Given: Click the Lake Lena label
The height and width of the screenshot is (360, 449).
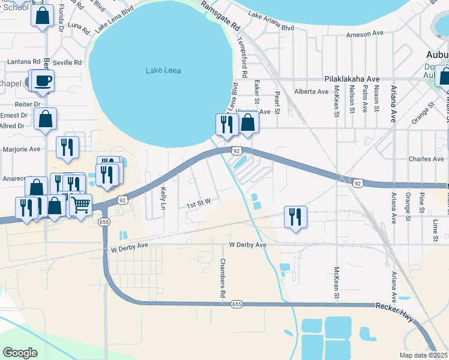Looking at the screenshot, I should click(163, 71).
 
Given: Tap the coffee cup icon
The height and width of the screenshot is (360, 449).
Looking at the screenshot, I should click(42, 80).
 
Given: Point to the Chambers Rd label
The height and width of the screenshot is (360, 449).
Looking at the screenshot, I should click(221, 278).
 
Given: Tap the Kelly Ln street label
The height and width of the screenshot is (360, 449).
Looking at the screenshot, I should click(163, 197).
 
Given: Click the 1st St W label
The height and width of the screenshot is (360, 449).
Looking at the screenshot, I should click(197, 205).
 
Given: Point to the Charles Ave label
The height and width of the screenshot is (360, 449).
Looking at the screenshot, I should click(426, 159).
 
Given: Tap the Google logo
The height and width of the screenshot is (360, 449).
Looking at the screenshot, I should click(20, 352).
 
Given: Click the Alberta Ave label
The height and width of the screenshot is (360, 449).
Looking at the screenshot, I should click(311, 92).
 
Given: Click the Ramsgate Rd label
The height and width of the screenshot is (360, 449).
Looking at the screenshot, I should click(220, 16).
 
